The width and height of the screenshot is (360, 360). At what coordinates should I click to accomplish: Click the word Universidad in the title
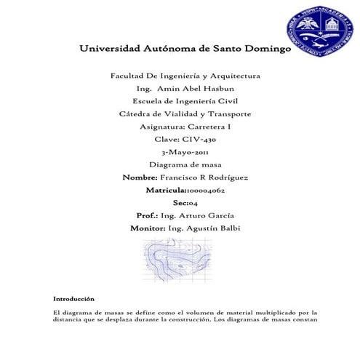click(111, 50)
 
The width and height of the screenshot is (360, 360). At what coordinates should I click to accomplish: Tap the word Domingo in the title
click(263, 50)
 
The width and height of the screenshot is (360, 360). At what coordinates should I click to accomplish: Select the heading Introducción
click(74, 299)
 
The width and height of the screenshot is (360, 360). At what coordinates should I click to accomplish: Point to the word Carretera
click(208, 127)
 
